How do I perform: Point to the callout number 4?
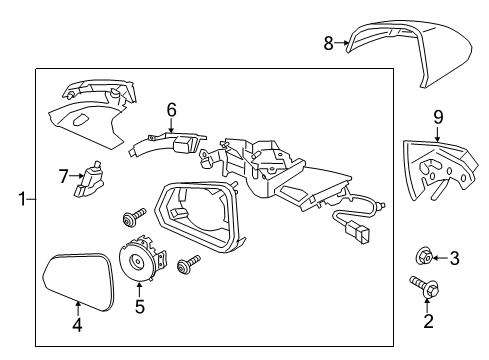click(77, 323)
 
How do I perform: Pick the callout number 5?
click(140, 307)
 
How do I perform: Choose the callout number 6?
click(171, 110)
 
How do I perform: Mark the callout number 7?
click(64, 177)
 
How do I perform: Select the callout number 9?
click(436, 119)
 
